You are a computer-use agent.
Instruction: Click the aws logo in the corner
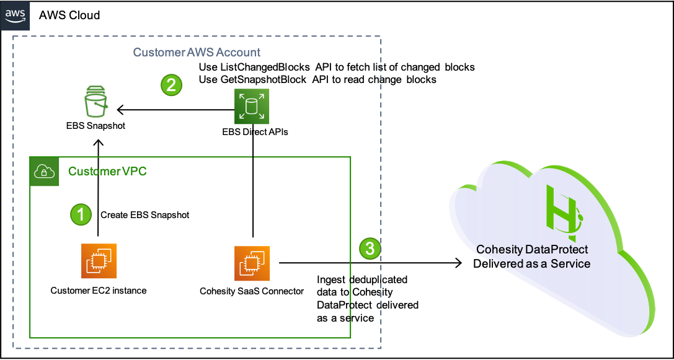tap(15, 15)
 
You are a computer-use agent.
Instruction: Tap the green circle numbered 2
tap(172, 84)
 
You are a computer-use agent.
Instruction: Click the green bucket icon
tap(97, 102)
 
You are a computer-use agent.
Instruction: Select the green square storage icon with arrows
tap(252, 107)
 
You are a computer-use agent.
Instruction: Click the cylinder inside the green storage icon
tap(252, 107)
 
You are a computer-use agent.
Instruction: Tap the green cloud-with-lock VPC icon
tap(45, 171)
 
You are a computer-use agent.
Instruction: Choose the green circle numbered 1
tap(81, 214)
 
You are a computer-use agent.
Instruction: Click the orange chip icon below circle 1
tap(99, 261)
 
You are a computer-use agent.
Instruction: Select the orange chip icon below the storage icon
tap(252, 263)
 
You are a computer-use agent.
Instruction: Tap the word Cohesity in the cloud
tap(499, 250)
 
